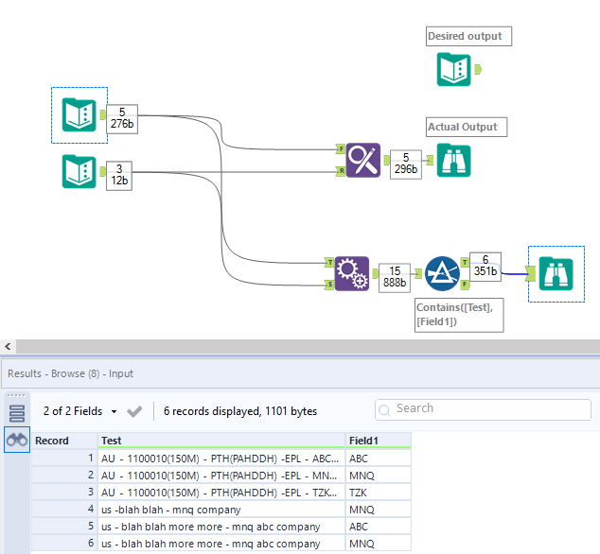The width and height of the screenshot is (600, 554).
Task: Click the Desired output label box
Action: click(469, 37)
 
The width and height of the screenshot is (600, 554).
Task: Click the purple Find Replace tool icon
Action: click(363, 160)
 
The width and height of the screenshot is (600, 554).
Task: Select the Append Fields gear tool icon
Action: click(351, 273)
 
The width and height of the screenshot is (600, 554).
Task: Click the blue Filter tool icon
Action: click(441, 272)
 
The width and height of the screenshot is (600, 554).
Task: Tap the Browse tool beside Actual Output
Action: click(452, 160)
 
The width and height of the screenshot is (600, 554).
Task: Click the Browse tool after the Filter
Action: click(556, 273)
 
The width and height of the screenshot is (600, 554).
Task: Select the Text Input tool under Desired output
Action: click(454, 69)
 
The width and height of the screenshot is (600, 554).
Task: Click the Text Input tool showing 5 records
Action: click(79, 115)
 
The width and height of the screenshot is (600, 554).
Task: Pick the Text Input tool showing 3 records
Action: click(79, 171)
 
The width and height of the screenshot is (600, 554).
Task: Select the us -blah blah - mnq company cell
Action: click(221, 509)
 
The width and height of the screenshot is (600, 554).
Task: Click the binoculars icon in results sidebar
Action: click(17, 440)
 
